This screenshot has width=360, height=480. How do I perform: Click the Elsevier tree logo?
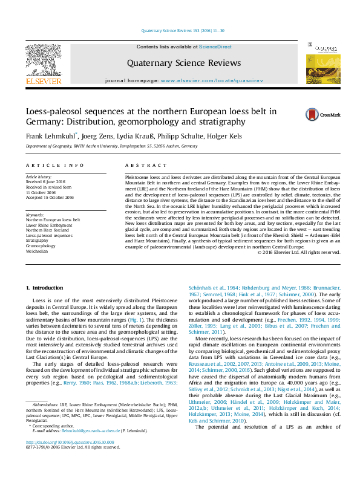pos(43,63)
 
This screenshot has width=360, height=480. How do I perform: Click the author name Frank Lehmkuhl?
pos(50,137)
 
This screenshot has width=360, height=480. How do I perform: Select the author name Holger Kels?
pos(227,137)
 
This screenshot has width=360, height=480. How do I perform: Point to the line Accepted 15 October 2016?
pos(50,197)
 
